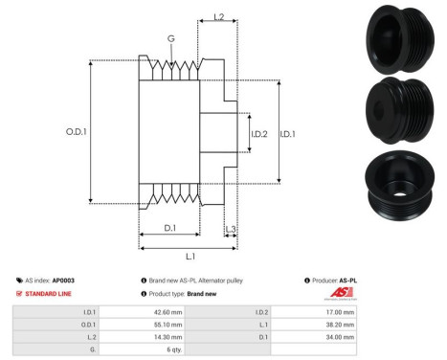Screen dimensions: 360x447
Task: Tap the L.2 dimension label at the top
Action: (218, 18)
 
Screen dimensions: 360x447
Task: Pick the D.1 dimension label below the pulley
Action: (169, 227)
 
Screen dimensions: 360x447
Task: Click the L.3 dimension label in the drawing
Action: (231, 229)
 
